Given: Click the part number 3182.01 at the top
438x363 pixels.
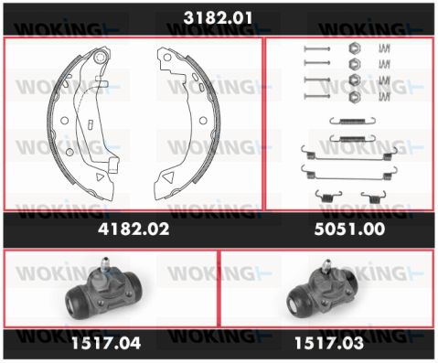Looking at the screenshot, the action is pyautogui.click(x=218, y=17).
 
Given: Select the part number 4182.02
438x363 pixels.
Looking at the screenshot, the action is pyautogui.click(x=134, y=229).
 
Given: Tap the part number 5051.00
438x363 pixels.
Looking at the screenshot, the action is pyautogui.click(x=349, y=229).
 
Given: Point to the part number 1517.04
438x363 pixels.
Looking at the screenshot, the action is pyautogui.click(x=106, y=343).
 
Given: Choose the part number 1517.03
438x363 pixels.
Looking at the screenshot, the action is pyautogui.click(x=329, y=343).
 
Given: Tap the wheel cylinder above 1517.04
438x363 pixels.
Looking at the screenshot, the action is pyautogui.click(x=103, y=291).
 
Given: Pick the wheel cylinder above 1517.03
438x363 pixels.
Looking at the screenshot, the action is pyautogui.click(x=323, y=291).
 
